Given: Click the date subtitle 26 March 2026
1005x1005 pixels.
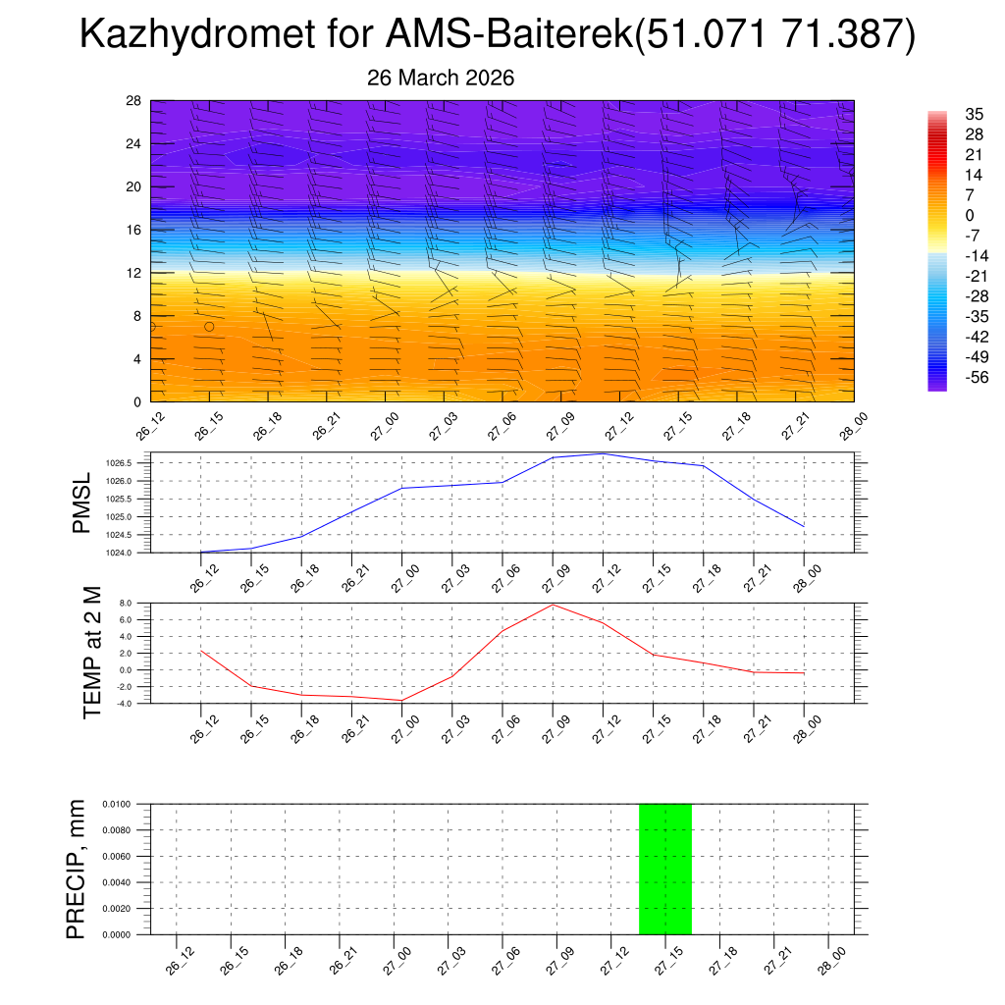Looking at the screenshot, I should [441, 78].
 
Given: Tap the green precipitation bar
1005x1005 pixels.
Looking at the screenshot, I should [665, 869].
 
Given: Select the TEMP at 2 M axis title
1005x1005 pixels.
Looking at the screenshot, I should [92, 653].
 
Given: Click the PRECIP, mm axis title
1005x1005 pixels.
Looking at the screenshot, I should [77, 869].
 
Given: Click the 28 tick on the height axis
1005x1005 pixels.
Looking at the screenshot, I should [134, 101].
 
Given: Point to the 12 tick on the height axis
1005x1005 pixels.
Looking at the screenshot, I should [134, 273].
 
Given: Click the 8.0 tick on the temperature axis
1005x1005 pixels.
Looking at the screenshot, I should [126, 604].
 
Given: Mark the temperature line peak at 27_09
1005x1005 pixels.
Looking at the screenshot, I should [553, 604].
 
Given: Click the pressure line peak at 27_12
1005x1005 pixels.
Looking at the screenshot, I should [603, 453].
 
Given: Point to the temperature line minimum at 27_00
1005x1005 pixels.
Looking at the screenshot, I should [401, 700].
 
